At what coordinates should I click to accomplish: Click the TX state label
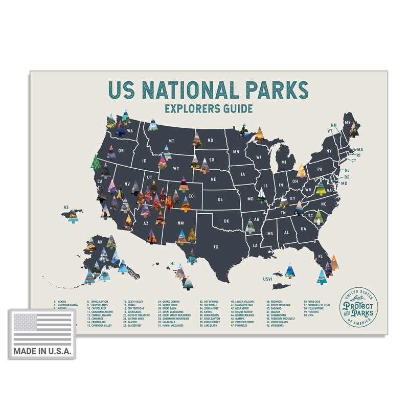pos(216,247)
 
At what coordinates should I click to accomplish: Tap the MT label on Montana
pos(171,140)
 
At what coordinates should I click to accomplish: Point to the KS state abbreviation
pos(221,199)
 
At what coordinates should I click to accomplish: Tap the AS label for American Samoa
pos(66,208)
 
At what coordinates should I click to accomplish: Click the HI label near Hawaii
pos(173,264)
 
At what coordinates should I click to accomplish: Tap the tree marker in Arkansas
pos(250,225)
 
